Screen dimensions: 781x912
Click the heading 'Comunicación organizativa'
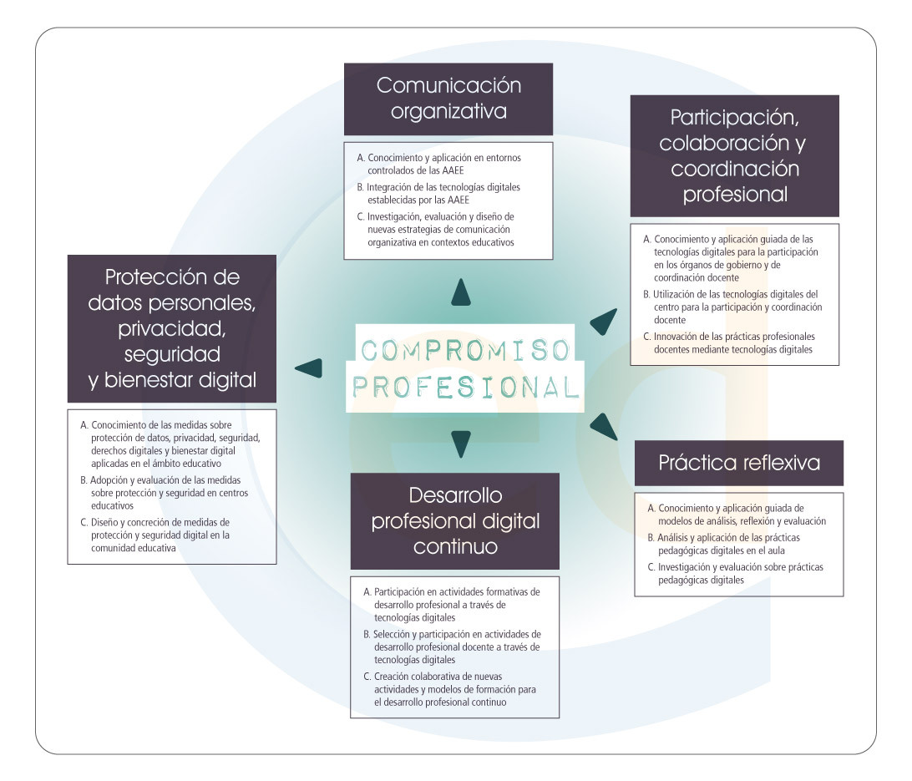(448, 99)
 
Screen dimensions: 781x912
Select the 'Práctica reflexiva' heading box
(738, 463)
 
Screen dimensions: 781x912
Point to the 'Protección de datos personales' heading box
(172, 328)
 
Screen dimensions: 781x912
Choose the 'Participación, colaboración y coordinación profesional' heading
(734, 155)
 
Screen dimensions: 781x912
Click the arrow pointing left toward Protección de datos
(309, 368)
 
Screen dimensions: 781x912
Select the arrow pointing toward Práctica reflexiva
(603, 425)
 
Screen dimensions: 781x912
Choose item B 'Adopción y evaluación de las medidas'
(171, 493)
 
